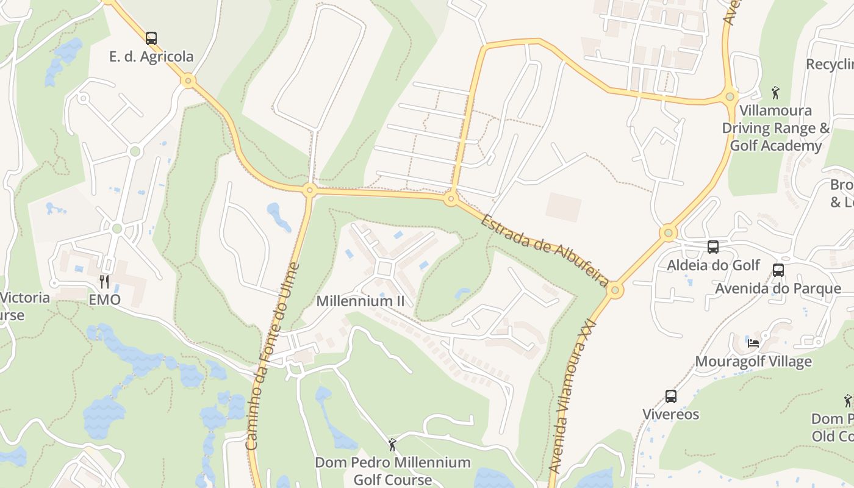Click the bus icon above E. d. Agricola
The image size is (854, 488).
pos(151,38)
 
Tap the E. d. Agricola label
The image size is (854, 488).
pos(151,57)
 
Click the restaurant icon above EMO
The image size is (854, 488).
pos(104,281)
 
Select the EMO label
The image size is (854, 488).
pos(104,300)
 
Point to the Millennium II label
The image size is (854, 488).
pos(360,301)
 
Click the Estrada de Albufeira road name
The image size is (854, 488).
pos(544,250)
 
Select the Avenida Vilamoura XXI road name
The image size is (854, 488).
pos(572,396)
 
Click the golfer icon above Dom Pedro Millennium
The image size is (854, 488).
pos(392,444)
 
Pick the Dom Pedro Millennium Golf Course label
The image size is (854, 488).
pos(393,471)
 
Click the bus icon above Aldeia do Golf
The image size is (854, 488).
pos(712,247)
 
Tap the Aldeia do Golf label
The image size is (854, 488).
pos(713,265)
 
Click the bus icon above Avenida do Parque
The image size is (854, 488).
pos(778,270)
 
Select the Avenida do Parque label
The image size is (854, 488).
pos(778,289)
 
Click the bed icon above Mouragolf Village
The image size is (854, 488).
pos(753,343)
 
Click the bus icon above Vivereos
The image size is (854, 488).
pos(671,396)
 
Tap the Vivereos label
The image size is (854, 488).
pos(671,415)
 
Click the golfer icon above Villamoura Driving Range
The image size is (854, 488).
pos(775,93)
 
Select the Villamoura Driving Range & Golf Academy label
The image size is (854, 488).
pos(776,128)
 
